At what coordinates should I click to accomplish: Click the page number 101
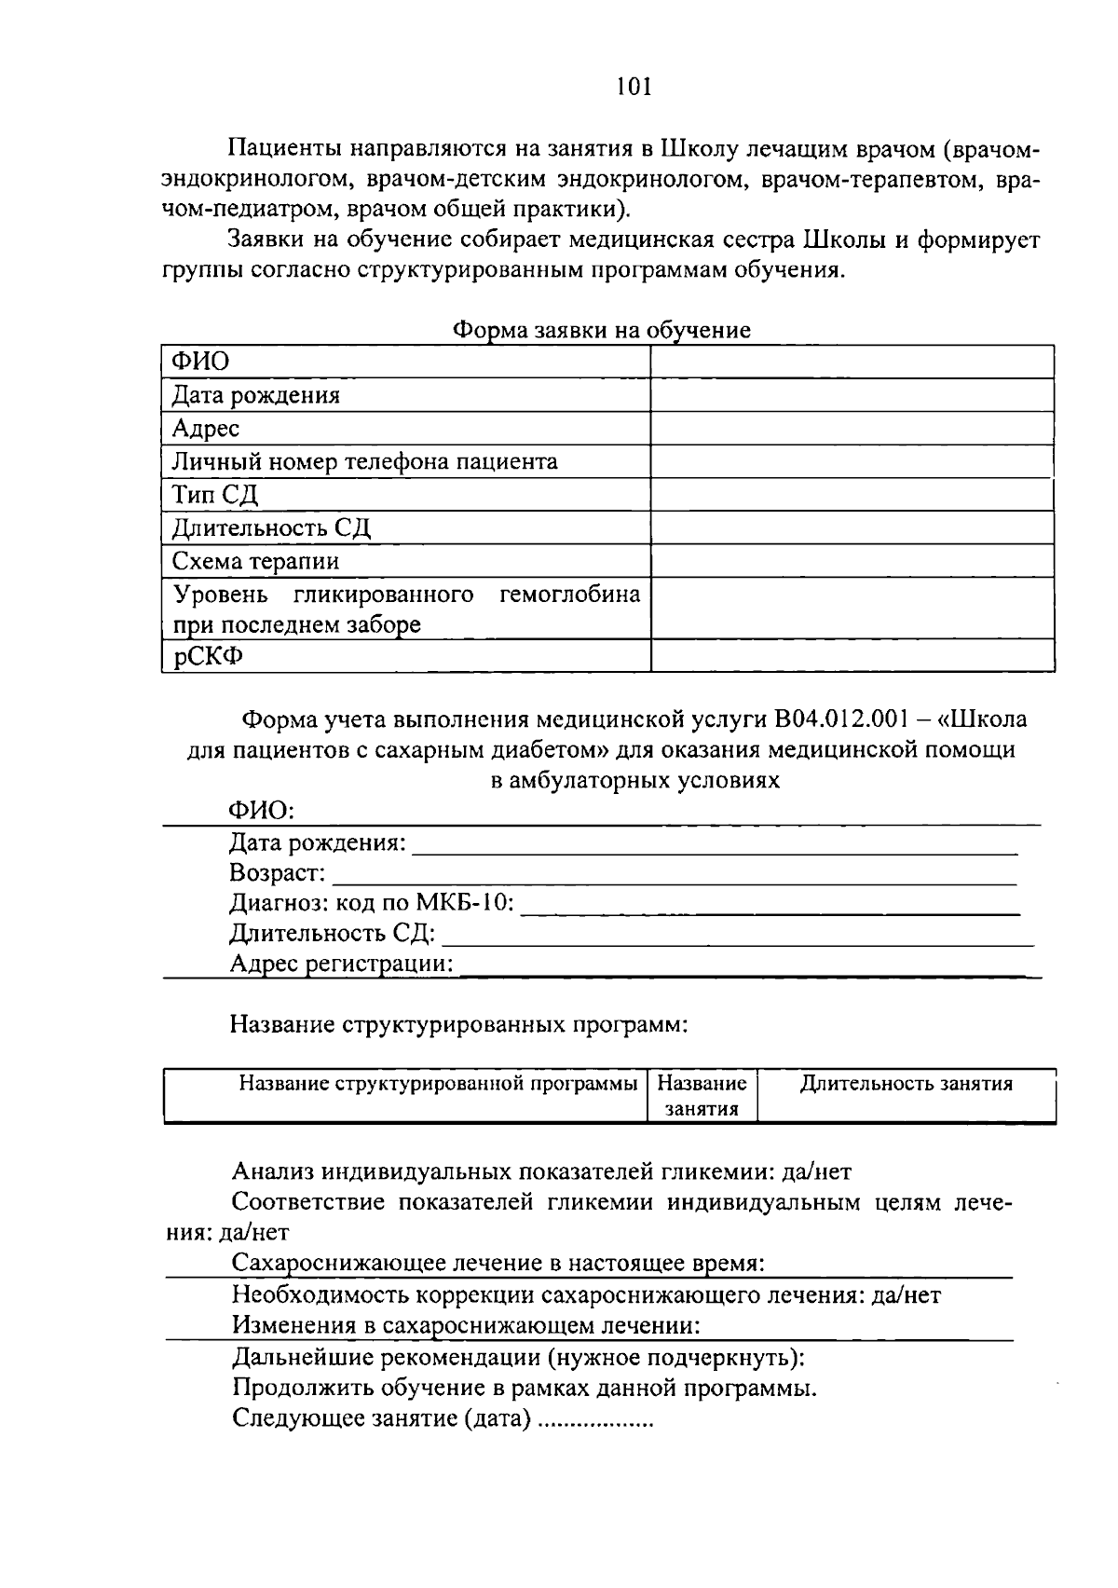[x=634, y=87]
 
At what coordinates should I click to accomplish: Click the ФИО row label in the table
[x=200, y=362]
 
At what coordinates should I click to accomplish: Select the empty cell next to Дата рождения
[x=852, y=395]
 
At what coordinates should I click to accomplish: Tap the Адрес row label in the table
[x=206, y=429]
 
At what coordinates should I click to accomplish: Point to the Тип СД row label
[x=214, y=495]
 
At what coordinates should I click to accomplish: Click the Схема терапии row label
[x=255, y=561]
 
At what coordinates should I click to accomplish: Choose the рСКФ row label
[x=207, y=656]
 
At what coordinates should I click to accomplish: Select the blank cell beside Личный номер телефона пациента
[x=852, y=461]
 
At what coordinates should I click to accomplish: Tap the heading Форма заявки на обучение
[x=601, y=330]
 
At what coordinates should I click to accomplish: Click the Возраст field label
[x=278, y=873]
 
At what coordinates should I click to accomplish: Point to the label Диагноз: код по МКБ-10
[x=372, y=903]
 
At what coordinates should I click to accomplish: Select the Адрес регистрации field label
[x=341, y=964]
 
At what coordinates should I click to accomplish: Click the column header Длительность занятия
[x=906, y=1084]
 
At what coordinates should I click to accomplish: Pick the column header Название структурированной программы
[x=438, y=1084]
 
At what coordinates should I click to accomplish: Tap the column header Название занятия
[x=702, y=1096]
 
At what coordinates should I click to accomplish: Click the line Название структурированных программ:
[x=458, y=1025]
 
